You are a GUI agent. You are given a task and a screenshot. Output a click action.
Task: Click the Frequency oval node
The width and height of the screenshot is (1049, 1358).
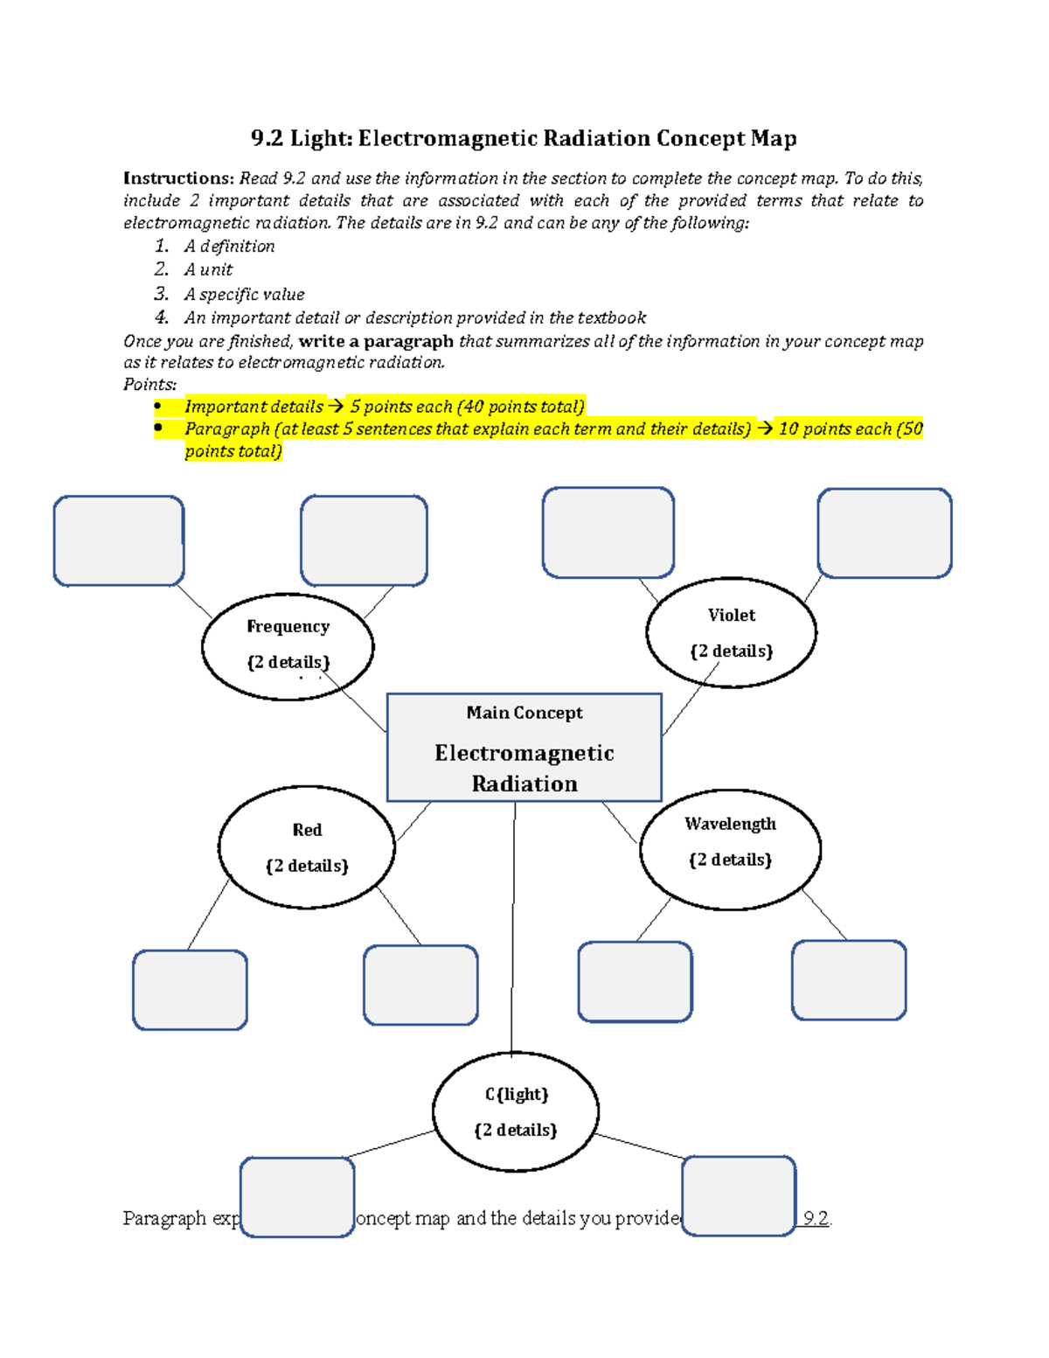288,646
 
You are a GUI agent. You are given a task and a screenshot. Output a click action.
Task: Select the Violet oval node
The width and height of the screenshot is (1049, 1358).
731,632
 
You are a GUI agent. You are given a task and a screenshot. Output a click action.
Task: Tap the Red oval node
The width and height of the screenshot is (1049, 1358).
307,847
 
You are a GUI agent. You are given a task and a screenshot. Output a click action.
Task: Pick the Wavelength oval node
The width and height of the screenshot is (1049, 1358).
730,849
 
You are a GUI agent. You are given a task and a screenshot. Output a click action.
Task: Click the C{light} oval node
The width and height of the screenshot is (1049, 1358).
516,1111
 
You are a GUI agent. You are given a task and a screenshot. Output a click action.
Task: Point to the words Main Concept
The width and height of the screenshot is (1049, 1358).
524,713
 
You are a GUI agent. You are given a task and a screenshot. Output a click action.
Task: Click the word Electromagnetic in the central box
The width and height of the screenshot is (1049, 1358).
524,753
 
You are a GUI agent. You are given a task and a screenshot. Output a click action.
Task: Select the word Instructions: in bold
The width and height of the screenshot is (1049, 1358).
178,178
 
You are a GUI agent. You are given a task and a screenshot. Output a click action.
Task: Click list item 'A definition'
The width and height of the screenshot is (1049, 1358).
229,247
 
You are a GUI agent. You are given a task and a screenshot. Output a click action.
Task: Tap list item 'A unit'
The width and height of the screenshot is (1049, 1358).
208,270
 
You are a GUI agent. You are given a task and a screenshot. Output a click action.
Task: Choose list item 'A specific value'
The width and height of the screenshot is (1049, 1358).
244,295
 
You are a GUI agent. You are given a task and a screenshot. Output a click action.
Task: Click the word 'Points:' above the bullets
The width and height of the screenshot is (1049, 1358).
149,384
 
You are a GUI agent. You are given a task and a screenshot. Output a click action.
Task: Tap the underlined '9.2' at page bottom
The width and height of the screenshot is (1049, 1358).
816,1218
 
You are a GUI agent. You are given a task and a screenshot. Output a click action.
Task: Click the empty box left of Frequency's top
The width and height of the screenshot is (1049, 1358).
119,540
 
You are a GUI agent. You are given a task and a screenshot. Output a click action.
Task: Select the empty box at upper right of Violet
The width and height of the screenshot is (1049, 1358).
885,533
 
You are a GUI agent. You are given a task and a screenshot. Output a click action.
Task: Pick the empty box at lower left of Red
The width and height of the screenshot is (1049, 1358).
190,990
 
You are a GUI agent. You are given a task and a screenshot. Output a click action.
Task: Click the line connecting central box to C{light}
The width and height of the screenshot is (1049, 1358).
513,927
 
